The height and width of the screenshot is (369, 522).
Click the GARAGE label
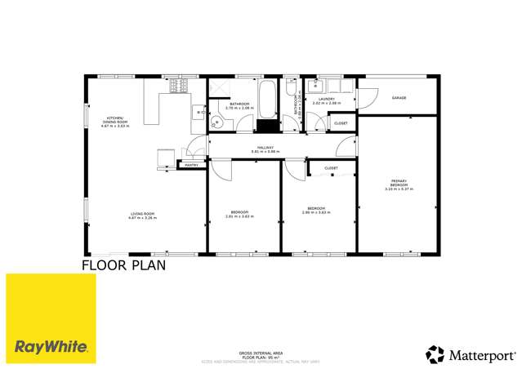(399, 98)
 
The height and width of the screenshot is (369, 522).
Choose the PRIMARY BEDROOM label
(399, 184)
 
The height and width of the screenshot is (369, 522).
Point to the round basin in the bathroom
(216, 123)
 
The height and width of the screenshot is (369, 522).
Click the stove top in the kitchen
(179, 84)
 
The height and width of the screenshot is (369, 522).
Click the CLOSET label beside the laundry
(341, 123)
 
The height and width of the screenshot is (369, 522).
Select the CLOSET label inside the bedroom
(331, 168)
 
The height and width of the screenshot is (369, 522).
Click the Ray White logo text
(51, 346)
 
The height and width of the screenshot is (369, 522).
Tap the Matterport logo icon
(434, 353)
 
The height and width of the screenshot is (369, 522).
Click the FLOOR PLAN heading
(123, 265)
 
